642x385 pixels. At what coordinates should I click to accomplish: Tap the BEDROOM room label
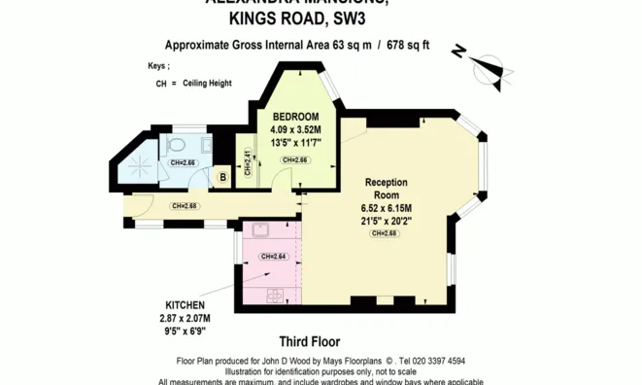pos(294,116)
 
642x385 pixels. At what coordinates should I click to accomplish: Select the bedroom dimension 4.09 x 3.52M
pos(295,129)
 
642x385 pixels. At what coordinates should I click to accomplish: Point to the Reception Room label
pos(386,189)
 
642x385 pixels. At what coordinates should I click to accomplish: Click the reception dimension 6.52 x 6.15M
pos(386,208)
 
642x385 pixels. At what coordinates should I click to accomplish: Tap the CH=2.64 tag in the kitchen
pos(272,257)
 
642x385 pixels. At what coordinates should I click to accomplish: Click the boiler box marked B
pos(222,177)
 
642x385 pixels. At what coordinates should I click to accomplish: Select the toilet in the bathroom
pos(175,147)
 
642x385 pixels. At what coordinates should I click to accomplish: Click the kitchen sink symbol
pos(260,231)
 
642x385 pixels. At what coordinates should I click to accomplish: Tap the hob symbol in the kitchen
pos(274,294)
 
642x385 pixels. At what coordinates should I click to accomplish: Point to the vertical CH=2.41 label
pos(248,162)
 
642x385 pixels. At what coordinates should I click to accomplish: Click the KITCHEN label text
pos(184,305)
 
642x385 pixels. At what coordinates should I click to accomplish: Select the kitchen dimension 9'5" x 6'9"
pos(184,331)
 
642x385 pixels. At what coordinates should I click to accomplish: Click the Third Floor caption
pos(308,341)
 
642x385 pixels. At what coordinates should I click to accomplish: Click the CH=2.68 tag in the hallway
pos(184,206)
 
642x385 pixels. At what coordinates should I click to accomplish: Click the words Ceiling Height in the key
pos(206,85)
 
